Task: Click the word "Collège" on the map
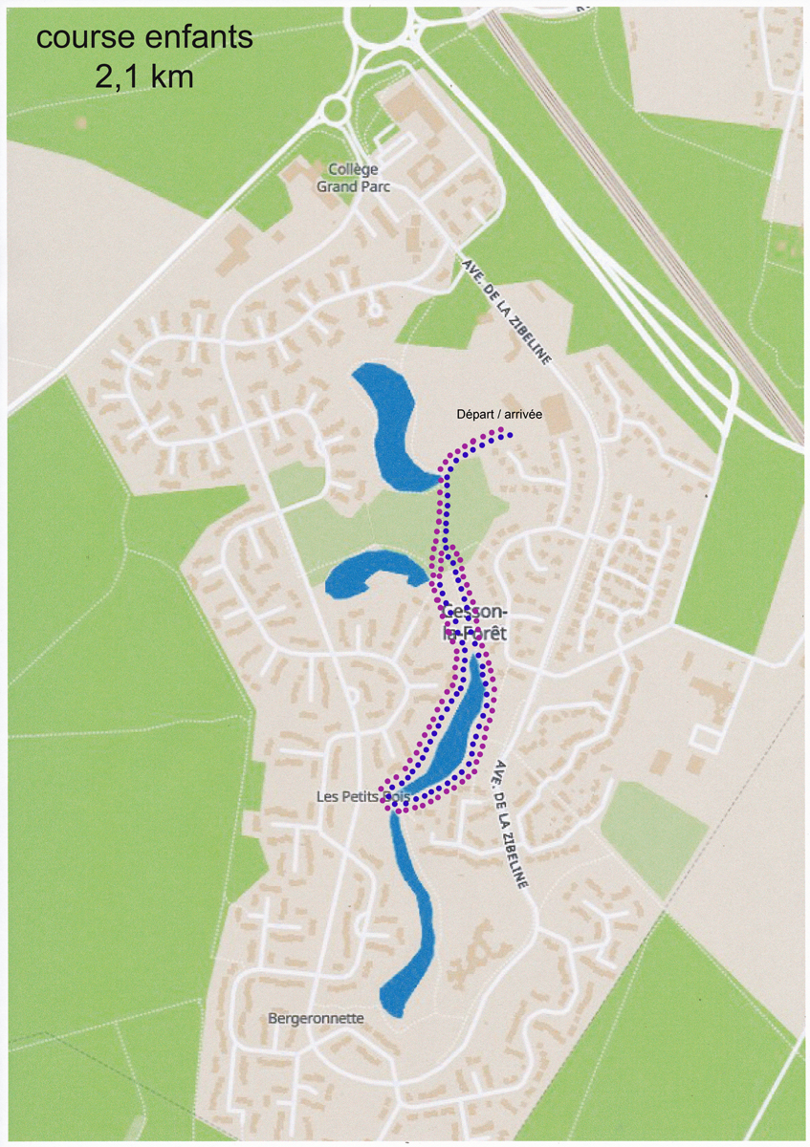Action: click(353, 169)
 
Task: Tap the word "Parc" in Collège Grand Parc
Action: click(373, 186)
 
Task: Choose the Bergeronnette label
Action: click(316, 1019)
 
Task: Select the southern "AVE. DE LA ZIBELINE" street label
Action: click(510, 825)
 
